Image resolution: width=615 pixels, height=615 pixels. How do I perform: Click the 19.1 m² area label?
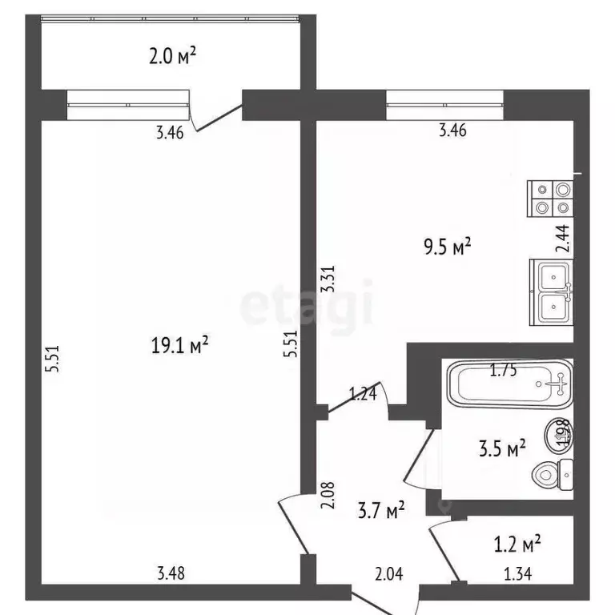179,345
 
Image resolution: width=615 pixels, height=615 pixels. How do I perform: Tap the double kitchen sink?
552,292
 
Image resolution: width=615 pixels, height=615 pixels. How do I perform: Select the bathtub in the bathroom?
509,384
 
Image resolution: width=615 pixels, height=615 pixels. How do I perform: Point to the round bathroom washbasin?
558,436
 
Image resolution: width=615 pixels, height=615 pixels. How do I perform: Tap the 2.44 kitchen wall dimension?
564,239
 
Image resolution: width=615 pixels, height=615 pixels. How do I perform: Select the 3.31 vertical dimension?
328,279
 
